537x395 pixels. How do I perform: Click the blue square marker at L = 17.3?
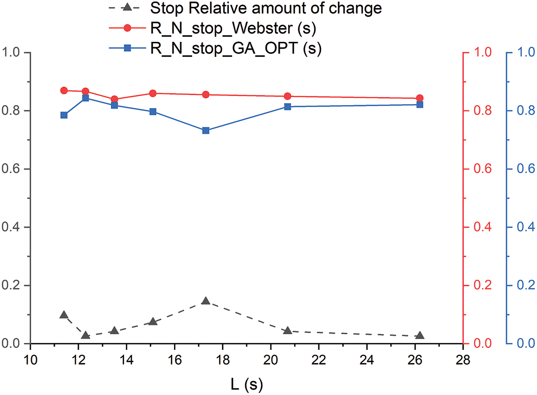tap(206, 130)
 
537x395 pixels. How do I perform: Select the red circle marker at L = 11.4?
tap(64, 90)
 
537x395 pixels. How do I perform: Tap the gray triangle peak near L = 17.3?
tap(206, 301)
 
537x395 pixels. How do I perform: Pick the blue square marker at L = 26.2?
tap(420, 105)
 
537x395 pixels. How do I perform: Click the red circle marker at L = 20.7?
tap(288, 96)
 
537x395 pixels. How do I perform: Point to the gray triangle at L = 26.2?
tap(420, 336)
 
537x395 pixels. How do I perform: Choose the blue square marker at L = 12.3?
tap(86, 98)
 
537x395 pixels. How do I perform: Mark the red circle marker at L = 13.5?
tap(114, 99)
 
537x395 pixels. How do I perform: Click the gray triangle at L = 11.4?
tap(64, 315)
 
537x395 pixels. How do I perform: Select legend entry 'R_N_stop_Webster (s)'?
tap(232, 29)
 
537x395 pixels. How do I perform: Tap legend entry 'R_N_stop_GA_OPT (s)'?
tap(235, 49)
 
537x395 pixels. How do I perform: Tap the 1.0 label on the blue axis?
tap(525, 53)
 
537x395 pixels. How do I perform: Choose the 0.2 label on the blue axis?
tap(525, 286)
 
